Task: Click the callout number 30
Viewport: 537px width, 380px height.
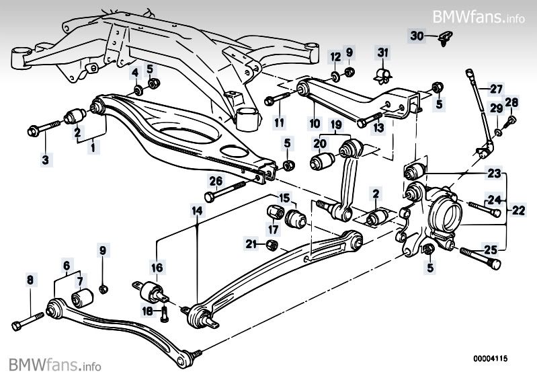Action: point(416,35)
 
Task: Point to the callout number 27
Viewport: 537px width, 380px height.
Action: point(495,89)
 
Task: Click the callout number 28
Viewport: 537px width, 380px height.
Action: point(512,102)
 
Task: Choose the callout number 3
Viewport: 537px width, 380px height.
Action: point(46,159)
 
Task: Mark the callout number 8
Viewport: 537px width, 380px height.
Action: point(29,279)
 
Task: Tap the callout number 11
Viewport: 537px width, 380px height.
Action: point(278,122)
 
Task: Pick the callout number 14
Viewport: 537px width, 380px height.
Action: point(196,211)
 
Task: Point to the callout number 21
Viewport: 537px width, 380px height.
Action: point(251,243)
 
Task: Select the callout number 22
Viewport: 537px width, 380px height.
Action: point(518,210)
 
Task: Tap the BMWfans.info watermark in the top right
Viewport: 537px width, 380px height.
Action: point(479,15)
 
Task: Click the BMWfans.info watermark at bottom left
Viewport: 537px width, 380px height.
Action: point(55,366)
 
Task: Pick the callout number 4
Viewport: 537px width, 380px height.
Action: point(134,72)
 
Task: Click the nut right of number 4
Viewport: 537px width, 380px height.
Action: point(153,84)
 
